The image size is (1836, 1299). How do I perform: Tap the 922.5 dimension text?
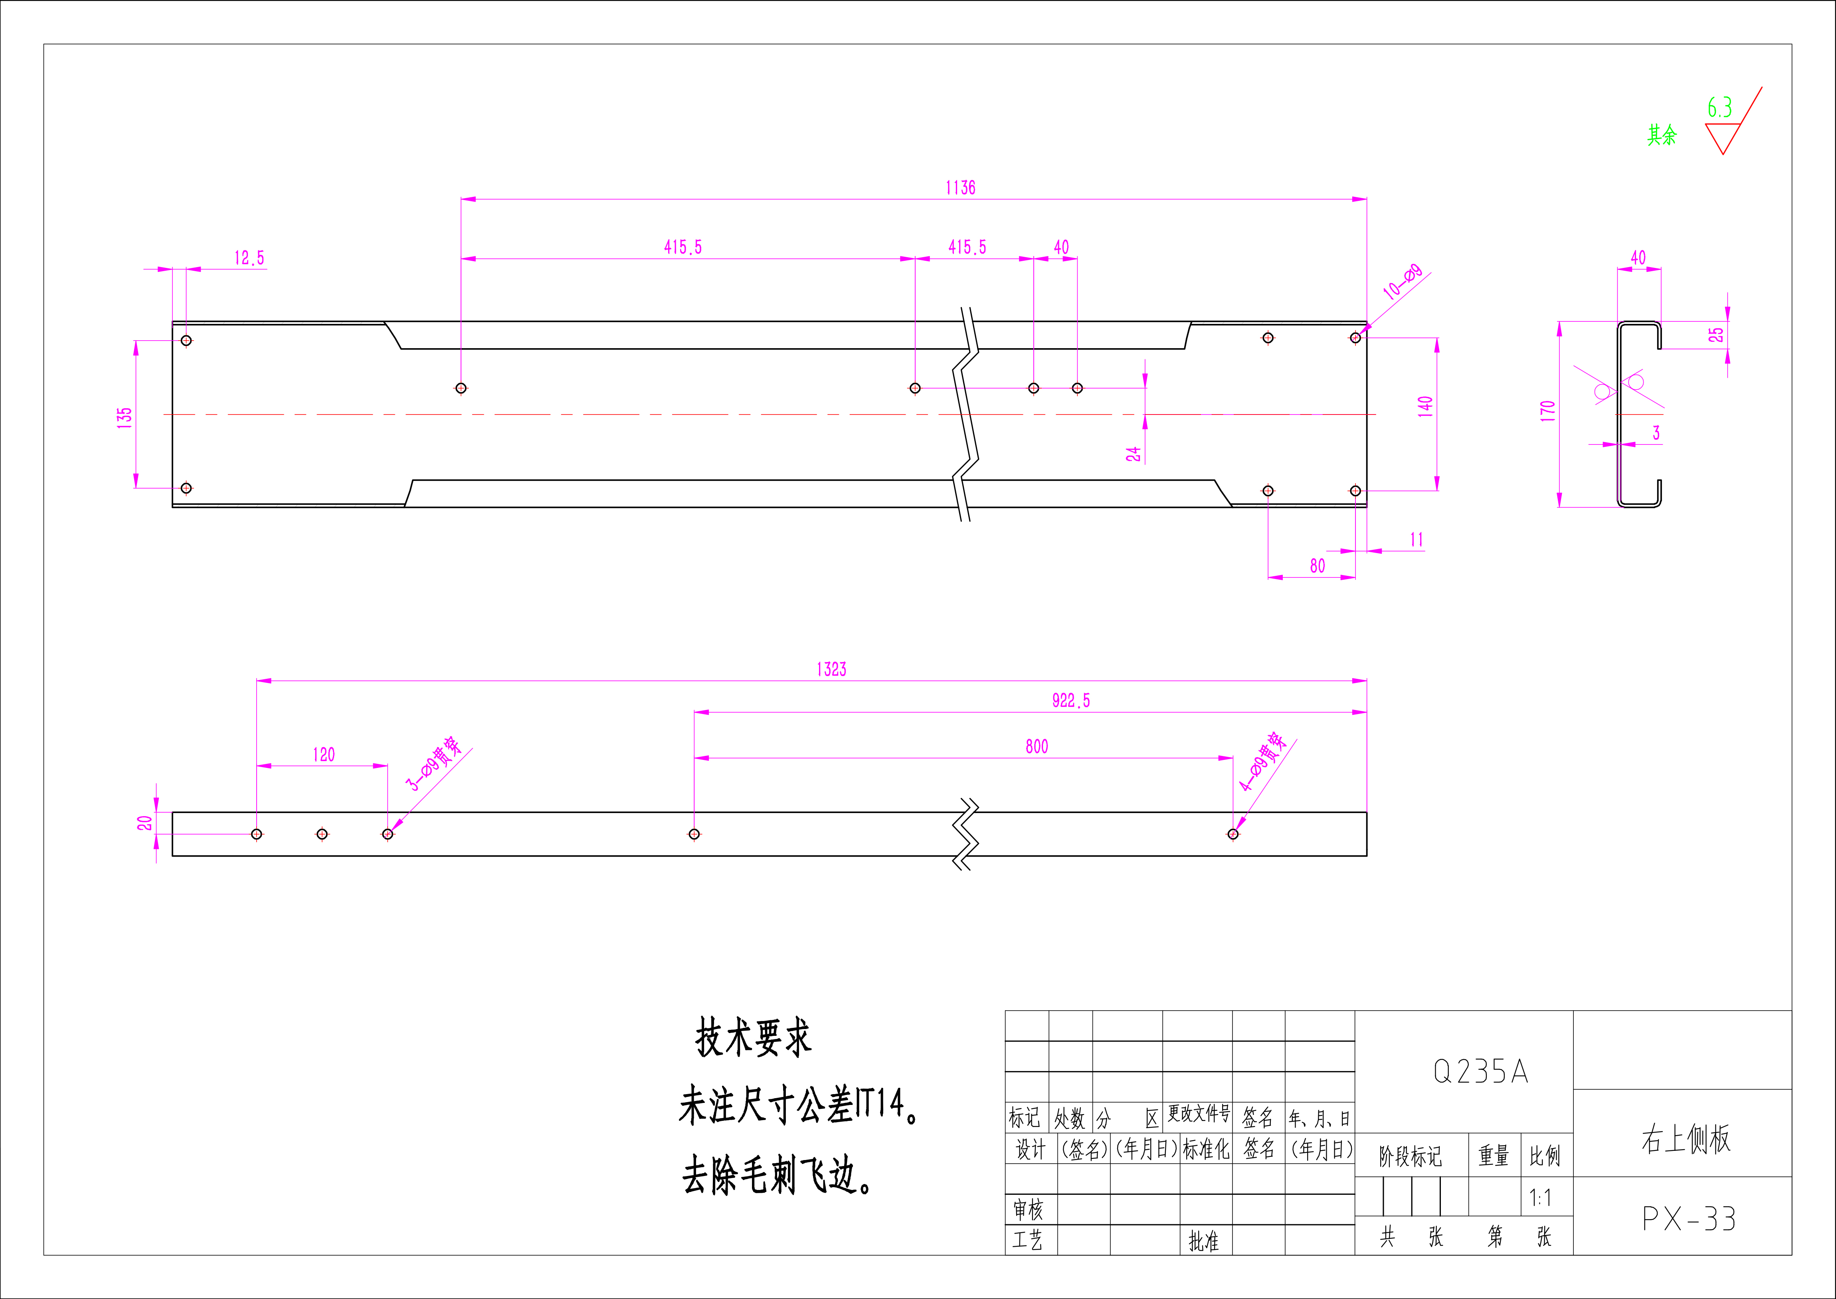(x=1071, y=701)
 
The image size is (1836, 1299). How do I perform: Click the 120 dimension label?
(x=324, y=754)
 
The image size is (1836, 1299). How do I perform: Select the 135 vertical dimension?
(x=125, y=418)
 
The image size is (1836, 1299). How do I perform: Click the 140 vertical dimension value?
(x=1425, y=406)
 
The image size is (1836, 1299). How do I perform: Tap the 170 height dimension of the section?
(x=1547, y=411)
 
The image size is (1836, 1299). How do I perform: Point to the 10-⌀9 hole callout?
(x=1403, y=282)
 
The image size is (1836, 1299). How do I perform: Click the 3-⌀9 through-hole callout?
(x=434, y=764)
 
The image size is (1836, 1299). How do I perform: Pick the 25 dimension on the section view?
(x=1716, y=334)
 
